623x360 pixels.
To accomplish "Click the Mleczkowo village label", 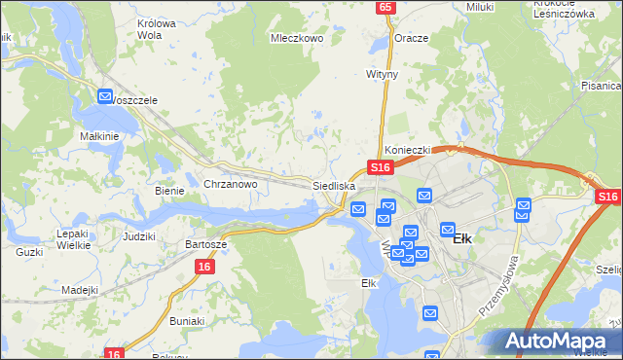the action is pyautogui.click(x=296, y=40).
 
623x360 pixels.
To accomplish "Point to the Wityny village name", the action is pyautogui.click(x=383, y=74).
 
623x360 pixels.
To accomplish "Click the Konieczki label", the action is pyautogui.click(x=407, y=151).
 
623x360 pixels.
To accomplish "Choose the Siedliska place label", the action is pyautogui.click(x=334, y=185).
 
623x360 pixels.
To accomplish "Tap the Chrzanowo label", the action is pyautogui.click(x=230, y=184).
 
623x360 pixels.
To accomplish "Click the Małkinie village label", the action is pyautogui.click(x=99, y=137).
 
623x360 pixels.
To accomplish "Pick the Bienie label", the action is pyautogui.click(x=169, y=191).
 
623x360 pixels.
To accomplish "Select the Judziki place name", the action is pyautogui.click(x=139, y=236).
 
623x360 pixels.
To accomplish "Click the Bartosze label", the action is pyautogui.click(x=205, y=244).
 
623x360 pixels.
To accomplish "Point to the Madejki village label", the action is pyautogui.click(x=80, y=290).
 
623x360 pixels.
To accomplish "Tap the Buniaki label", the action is pyautogui.click(x=187, y=320).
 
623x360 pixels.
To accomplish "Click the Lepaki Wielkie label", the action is pyautogui.click(x=73, y=239).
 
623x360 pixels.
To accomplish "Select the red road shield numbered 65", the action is pyautogui.click(x=386, y=7).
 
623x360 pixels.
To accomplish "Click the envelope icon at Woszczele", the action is pyautogui.click(x=105, y=95).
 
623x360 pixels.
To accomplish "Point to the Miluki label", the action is pyautogui.click(x=479, y=7).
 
